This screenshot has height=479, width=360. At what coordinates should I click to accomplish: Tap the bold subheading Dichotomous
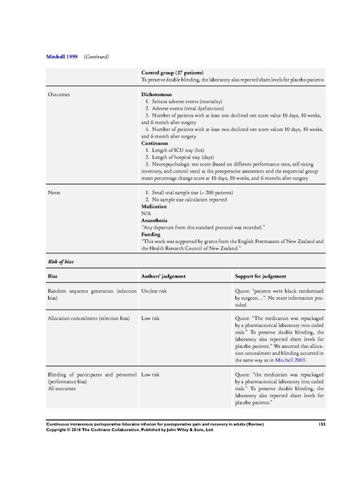click(x=160, y=94)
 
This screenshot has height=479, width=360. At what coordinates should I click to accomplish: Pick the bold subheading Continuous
click(x=159, y=146)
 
